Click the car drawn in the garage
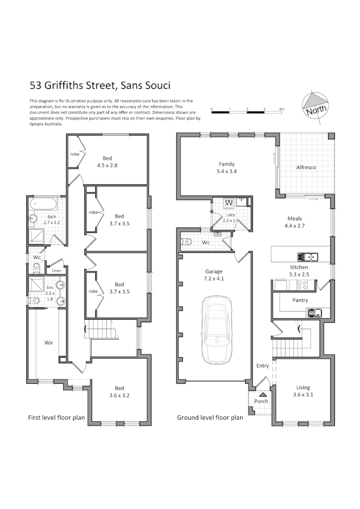coord(216,334)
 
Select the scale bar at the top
coord(247,113)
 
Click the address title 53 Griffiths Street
coord(100,85)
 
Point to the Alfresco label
coord(306,168)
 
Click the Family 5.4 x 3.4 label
coord(227,168)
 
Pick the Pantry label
coord(300,300)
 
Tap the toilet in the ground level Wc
coord(187,242)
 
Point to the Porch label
coord(261,401)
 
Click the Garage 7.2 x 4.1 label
coord(214,275)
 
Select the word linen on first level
coord(56,271)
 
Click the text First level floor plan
coord(56,417)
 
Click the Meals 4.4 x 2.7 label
coord(295,222)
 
